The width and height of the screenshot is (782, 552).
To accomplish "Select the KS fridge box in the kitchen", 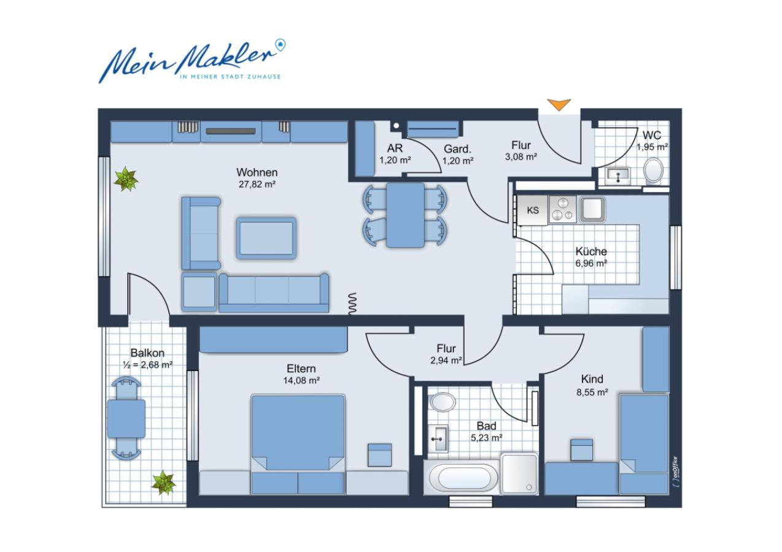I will pyautogui.click(x=532, y=210).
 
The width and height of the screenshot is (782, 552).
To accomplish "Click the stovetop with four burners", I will pyautogui.click(x=563, y=209).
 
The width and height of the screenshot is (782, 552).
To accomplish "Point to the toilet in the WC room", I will pyautogui.click(x=654, y=171).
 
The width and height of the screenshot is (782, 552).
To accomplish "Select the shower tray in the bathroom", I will pyautogui.click(x=519, y=473).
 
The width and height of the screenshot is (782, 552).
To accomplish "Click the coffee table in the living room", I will pyautogui.click(x=266, y=237).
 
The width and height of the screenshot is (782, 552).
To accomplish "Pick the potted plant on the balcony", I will pyautogui.click(x=163, y=482).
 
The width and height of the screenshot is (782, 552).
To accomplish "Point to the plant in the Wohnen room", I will pyautogui.click(x=126, y=179).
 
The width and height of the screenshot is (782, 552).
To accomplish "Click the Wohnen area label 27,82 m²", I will pyautogui.click(x=257, y=184).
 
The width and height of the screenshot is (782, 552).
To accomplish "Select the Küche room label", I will pyautogui.click(x=591, y=251).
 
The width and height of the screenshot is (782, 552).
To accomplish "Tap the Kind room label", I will pyautogui.click(x=592, y=380).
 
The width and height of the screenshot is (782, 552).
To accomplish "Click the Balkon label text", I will pyautogui.click(x=147, y=353).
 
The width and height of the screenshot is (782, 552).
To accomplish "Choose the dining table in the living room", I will pyautogui.click(x=405, y=215).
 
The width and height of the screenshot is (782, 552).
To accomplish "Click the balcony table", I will pyautogui.click(x=126, y=418).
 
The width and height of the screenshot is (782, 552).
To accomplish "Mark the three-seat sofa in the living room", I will pyautogui.click(x=274, y=293).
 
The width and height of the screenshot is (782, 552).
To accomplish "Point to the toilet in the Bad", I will pyautogui.click(x=442, y=402).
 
